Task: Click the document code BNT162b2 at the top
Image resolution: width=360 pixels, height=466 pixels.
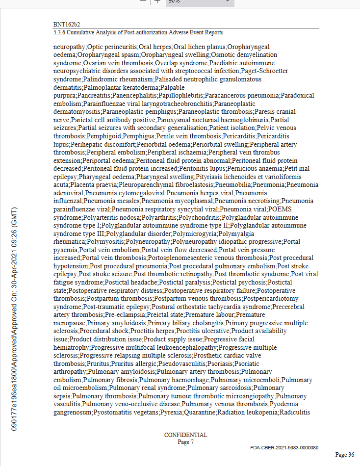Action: (67, 24)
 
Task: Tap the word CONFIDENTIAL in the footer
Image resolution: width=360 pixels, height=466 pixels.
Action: (185, 435)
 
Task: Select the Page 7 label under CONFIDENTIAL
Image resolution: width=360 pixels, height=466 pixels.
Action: (185, 442)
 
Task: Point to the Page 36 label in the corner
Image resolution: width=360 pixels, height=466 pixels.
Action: (344, 455)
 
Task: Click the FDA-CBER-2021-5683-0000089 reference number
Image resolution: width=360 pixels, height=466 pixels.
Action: (284, 447)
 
